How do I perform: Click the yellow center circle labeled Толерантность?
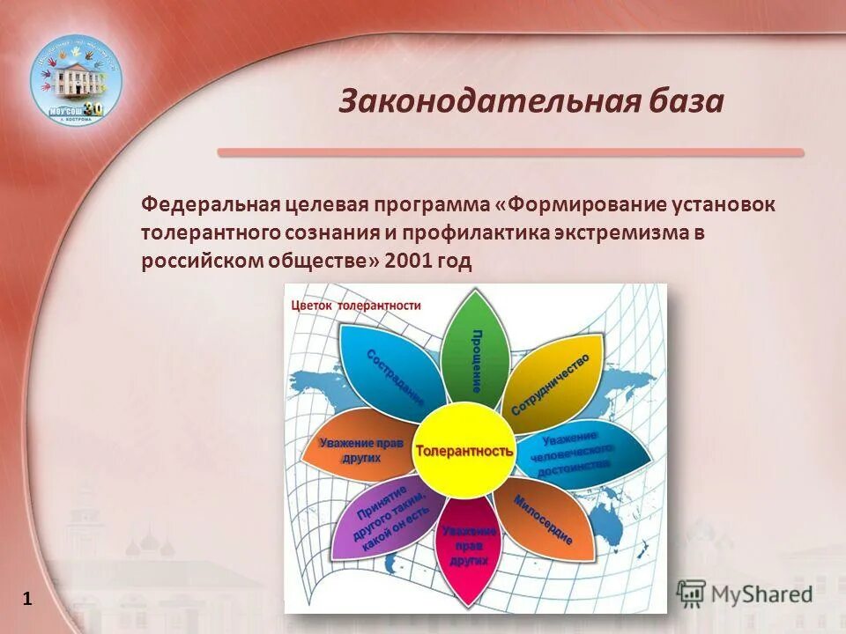point(464,450)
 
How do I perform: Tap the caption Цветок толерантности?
point(356,306)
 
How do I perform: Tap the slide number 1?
point(27,600)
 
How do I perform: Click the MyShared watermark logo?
point(746,593)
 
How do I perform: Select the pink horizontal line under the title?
point(510,152)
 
